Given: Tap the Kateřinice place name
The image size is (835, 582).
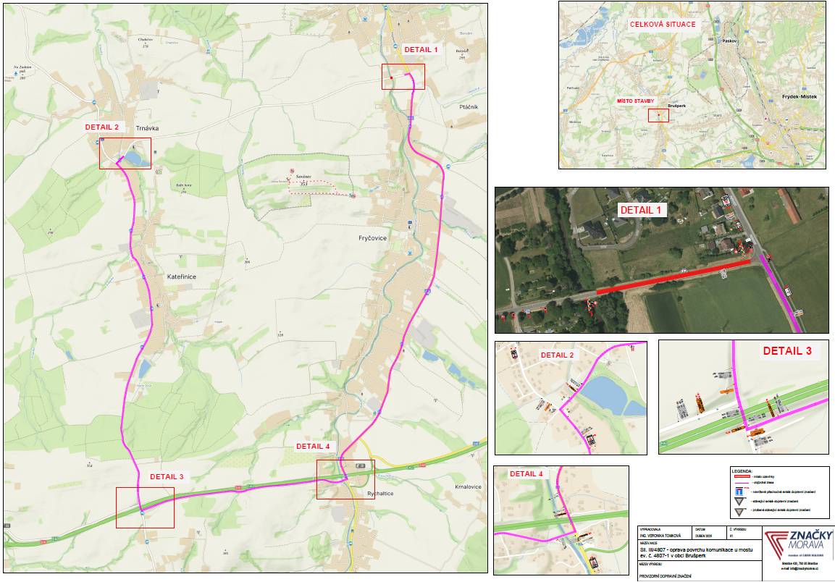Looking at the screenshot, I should click(181, 277).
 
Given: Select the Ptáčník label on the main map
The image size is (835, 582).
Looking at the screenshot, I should click(469, 106).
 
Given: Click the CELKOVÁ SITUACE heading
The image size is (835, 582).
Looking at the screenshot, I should click(663, 25).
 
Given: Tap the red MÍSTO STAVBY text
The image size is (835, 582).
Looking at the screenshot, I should click(635, 101).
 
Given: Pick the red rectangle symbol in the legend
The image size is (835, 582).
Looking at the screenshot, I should click(742, 477).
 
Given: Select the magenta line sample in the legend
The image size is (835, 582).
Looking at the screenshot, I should click(742, 483).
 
